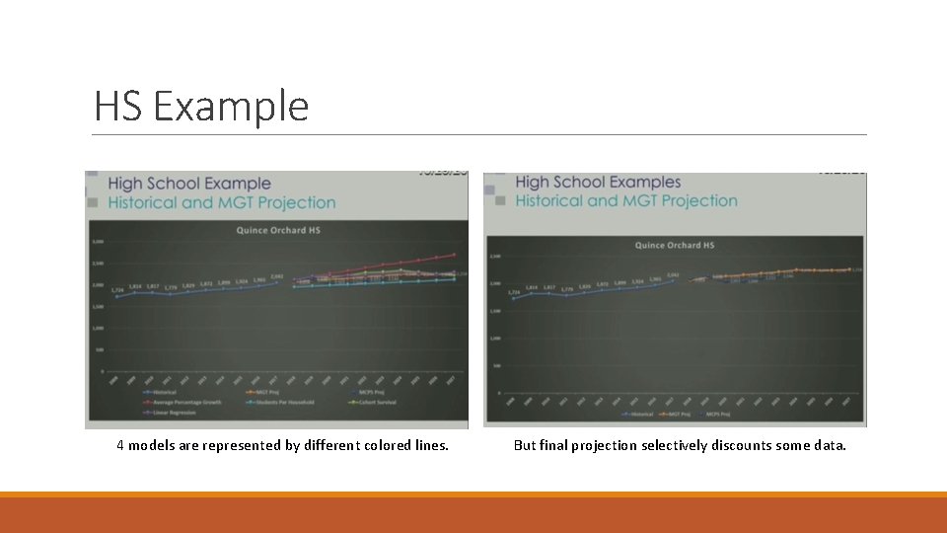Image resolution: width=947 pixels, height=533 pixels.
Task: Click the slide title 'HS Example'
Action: coord(201,106)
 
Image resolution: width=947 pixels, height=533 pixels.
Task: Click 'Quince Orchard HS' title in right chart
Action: coord(675,245)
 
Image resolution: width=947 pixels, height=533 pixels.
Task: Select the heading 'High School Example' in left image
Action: coord(188,183)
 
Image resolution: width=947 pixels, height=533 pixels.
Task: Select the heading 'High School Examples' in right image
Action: coord(598,182)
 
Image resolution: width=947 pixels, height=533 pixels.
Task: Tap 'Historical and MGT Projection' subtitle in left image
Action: coord(221,202)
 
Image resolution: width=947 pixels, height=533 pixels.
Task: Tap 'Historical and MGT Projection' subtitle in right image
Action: coord(625,200)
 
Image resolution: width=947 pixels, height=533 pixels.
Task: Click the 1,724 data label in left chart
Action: coord(117,290)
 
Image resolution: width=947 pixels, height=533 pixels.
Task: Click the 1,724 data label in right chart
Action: coord(513,292)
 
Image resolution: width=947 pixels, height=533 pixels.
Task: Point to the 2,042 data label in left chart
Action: coord(277,276)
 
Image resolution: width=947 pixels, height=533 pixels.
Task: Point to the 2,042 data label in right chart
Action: coord(673,275)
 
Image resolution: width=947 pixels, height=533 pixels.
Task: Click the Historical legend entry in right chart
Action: coord(639,414)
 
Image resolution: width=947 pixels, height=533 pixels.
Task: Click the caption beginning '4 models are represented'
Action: coord(282,445)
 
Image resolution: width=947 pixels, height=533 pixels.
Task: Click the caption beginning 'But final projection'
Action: coord(680,445)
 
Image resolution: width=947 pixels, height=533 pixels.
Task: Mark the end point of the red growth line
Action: coord(455,255)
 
